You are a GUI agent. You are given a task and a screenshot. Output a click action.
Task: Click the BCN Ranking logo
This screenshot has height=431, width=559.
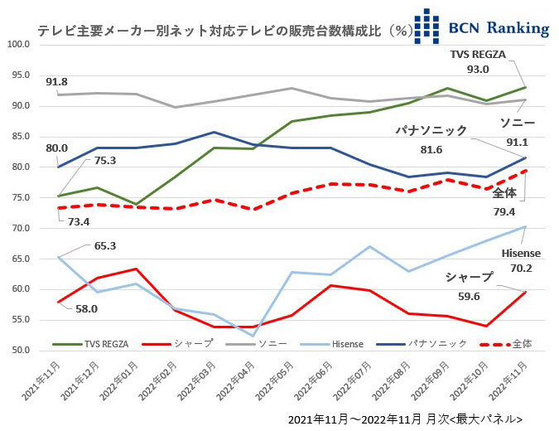click(481, 26)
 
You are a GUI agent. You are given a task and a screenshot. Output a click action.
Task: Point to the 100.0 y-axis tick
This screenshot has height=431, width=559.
click(17, 45)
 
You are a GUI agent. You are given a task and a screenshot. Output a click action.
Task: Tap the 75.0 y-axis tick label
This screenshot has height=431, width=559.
click(20, 198)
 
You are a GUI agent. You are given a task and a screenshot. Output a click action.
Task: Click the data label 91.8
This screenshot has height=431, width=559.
click(57, 81)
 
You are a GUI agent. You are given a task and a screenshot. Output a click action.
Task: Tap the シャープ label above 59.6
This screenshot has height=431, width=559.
click(469, 278)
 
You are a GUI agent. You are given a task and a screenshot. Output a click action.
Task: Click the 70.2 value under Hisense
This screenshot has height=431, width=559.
click(521, 268)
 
